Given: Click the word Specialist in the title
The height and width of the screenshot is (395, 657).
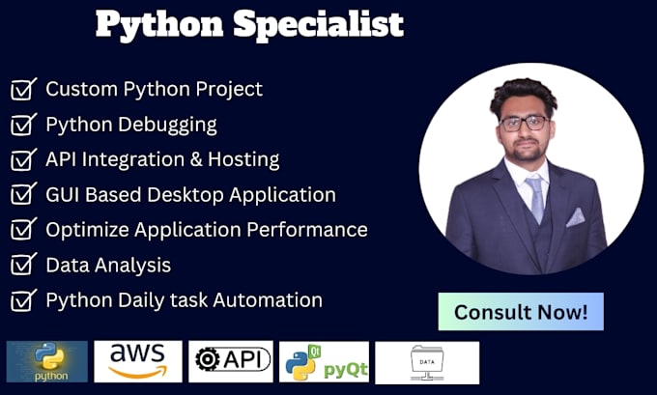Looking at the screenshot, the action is [x=319, y=25].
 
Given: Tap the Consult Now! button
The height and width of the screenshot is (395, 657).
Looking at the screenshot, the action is [x=521, y=312].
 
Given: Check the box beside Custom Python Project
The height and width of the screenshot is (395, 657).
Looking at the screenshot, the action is [x=23, y=89].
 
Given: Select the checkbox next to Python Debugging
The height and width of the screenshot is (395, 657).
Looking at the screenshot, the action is [x=23, y=125].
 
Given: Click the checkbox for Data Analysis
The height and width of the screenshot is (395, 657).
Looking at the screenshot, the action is [x=23, y=266].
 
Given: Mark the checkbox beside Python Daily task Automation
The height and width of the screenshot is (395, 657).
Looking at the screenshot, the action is [x=23, y=300].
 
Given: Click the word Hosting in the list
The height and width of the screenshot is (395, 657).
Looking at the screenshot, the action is [x=243, y=160].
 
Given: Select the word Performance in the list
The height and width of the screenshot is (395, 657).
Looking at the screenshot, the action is [x=306, y=230].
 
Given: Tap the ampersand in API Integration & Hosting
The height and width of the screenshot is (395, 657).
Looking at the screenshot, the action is [x=196, y=159].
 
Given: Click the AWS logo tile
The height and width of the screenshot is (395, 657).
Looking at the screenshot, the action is [x=138, y=361].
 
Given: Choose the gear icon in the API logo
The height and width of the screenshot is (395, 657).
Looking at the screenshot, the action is [x=208, y=359].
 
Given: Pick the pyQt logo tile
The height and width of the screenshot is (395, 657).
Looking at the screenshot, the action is [x=324, y=362].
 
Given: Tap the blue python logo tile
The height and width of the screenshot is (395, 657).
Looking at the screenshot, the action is [x=47, y=361].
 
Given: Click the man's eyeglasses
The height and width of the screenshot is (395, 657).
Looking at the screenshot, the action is [x=524, y=124].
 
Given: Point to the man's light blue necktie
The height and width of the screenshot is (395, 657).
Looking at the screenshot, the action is [x=535, y=193].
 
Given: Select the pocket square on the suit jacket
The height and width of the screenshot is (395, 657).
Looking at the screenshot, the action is [x=575, y=218].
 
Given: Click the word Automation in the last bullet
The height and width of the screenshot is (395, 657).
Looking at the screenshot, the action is [x=268, y=300].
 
